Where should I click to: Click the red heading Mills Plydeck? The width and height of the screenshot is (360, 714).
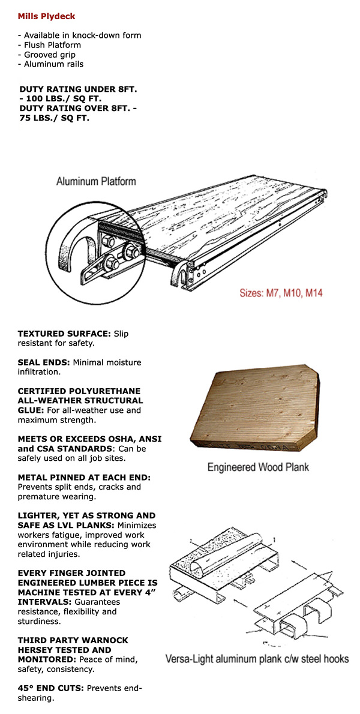click(x=47, y=16)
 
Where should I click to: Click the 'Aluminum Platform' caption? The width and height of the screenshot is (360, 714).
click(x=96, y=181)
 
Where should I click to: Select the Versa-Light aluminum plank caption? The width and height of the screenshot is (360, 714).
click(x=257, y=659)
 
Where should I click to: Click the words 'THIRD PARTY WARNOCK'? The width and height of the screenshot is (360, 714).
click(x=65, y=640)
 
